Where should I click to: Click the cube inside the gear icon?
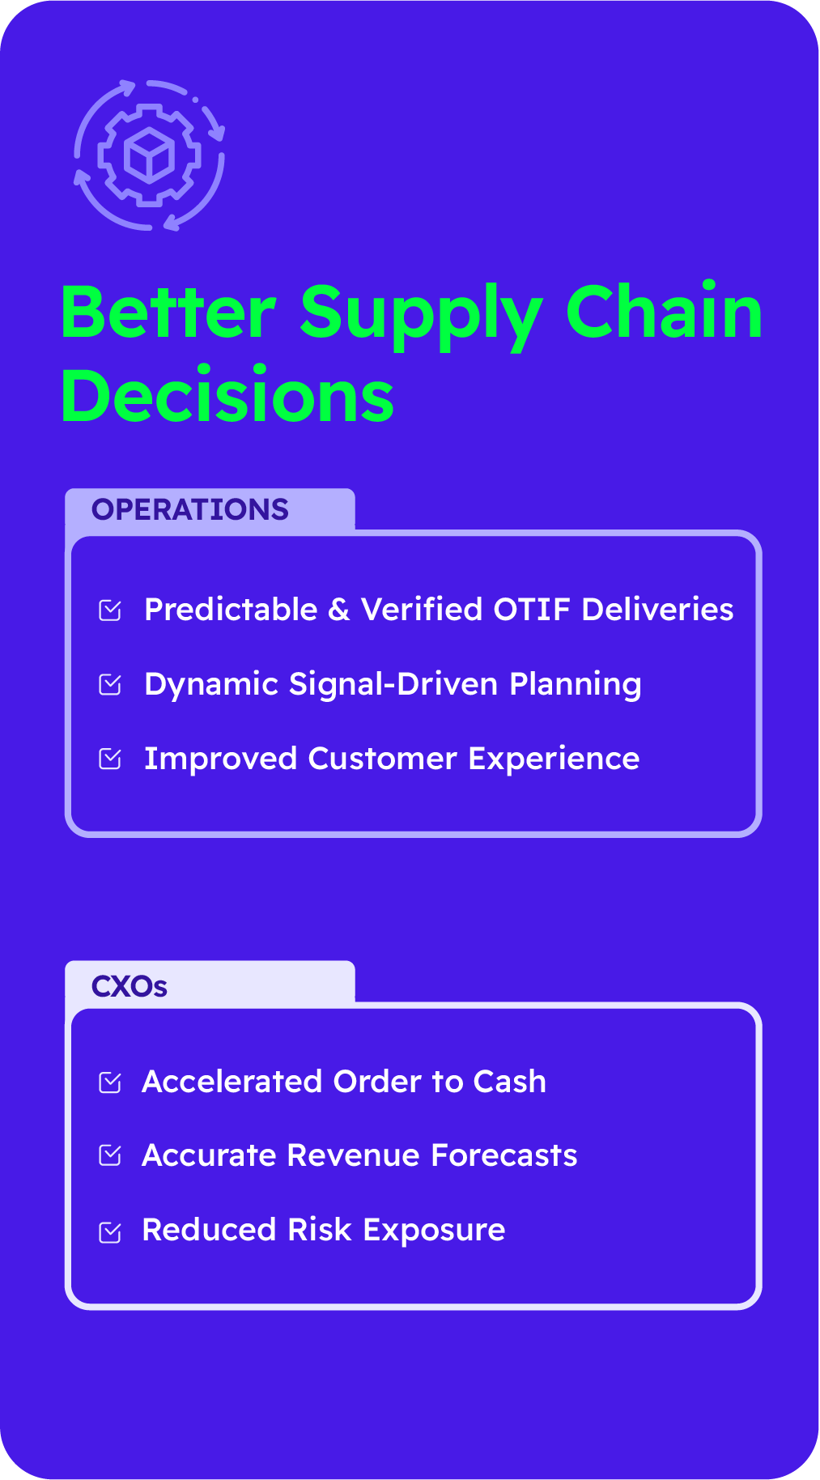(149, 155)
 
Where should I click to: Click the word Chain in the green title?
(664, 311)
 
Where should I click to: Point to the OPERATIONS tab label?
(190, 509)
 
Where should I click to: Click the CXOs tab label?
(130, 986)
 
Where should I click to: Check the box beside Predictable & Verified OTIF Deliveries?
(110, 610)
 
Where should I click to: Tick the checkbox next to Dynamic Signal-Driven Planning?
(110, 685)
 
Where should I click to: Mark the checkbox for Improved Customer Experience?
(110, 759)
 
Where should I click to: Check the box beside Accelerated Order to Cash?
(110, 1082)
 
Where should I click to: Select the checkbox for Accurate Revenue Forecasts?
(110, 1156)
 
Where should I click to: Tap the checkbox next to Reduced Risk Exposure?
(110, 1231)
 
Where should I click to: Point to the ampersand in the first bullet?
(339, 610)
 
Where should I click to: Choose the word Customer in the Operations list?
(382, 759)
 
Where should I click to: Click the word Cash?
(510, 1082)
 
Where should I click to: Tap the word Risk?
(320, 1230)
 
